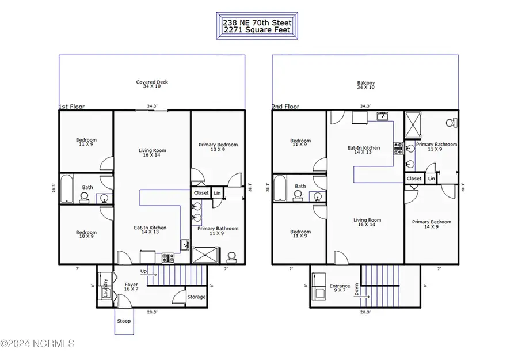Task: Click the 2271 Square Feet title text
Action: pyautogui.click(x=257, y=29)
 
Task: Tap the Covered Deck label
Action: pyautogui.click(x=152, y=84)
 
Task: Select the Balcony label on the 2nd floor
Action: pyautogui.click(x=365, y=84)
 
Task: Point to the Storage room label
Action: pyautogui.click(x=196, y=297)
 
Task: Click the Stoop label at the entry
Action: pyautogui.click(x=124, y=321)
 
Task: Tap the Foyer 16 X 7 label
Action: pyautogui.click(x=131, y=287)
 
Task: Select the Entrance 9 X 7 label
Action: pyautogui.click(x=340, y=289)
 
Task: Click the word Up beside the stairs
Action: pyautogui.click(x=143, y=271)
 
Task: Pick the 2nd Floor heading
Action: pyautogui.click(x=285, y=107)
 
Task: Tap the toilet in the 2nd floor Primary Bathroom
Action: pyautogui.click(x=452, y=123)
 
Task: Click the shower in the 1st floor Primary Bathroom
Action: pyautogui.click(x=205, y=255)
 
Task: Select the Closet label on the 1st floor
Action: pyautogui.click(x=201, y=193)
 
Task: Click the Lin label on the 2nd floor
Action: pyautogui.click(x=431, y=179)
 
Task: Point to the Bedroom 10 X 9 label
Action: pyautogui.click(x=86, y=235)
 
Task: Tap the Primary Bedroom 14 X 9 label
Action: pyautogui.click(x=431, y=224)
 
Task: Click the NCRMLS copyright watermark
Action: pyautogui.click(x=37, y=344)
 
